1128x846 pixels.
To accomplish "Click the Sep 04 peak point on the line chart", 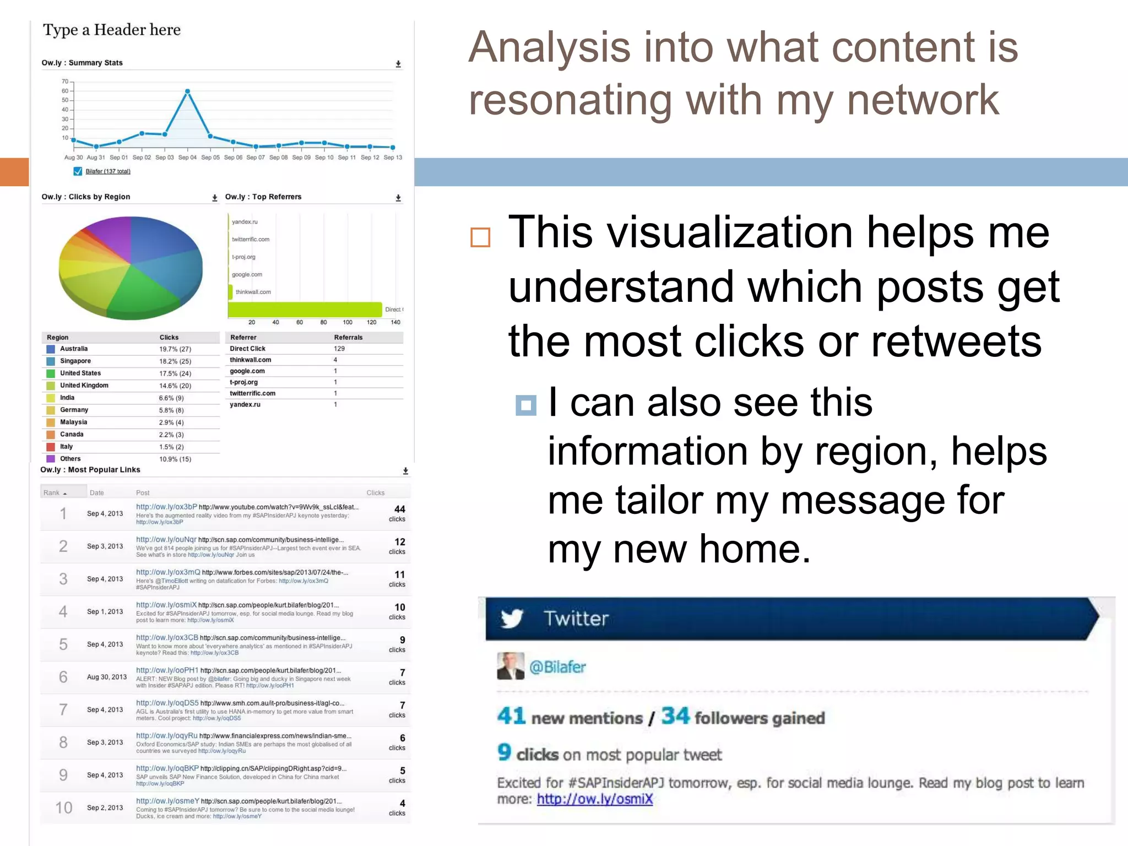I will [188, 91].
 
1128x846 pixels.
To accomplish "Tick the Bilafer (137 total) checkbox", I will [78, 171].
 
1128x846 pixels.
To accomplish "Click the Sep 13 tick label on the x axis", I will [393, 158].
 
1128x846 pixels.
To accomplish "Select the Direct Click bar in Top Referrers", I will [305, 310].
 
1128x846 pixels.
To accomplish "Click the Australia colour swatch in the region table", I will [51, 349].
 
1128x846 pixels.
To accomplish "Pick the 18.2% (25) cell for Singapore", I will [175, 361].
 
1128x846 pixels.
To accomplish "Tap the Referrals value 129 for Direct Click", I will [339, 349].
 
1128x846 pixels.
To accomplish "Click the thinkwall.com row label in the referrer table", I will [251, 360].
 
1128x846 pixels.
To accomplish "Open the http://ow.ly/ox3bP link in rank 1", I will [166, 507].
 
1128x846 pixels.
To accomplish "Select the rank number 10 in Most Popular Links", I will [64, 807].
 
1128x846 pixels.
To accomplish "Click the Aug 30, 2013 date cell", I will [107, 677].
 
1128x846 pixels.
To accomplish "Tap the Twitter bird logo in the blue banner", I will [512, 619].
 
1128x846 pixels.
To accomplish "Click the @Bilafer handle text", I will [557, 667].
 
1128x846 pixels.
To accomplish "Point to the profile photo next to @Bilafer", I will [511, 666].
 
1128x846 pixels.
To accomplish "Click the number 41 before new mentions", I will [511, 716].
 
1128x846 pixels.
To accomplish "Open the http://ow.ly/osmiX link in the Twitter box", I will [595, 799].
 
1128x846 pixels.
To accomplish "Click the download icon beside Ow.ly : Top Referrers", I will [398, 198].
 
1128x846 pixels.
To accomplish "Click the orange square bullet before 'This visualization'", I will [480, 237].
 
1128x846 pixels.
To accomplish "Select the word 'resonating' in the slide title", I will [570, 100].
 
